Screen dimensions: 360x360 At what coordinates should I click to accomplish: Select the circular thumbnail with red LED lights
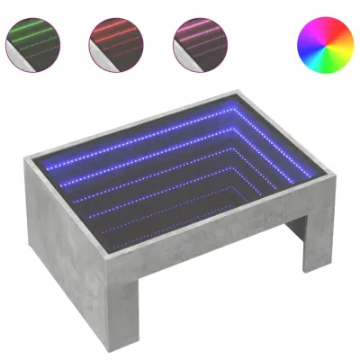(x=112, y=41)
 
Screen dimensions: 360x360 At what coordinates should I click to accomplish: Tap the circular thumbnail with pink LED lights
(x=195, y=41)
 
